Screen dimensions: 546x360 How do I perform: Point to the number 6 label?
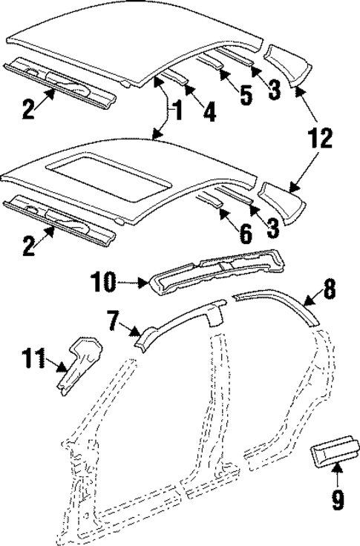pos(244,234)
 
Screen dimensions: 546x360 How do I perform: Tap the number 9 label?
pos(338,501)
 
